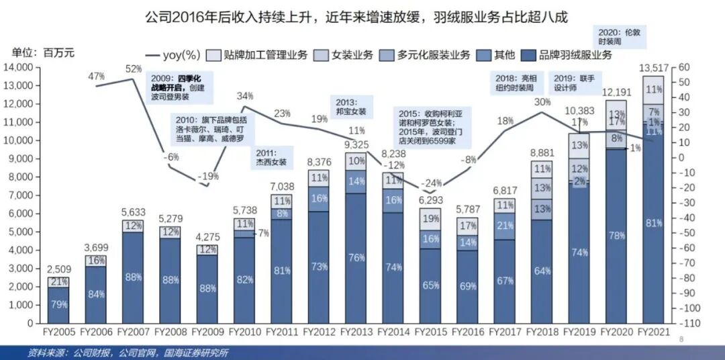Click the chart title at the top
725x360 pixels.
point(356,17)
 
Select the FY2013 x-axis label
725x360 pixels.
point(356,332)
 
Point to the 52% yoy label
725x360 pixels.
point(134,69)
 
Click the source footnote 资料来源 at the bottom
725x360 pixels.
point(128,353)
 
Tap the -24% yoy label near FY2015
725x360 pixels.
point(430,183)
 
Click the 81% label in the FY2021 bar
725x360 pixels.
point(653,223)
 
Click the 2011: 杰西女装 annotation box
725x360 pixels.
point(271,157)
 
